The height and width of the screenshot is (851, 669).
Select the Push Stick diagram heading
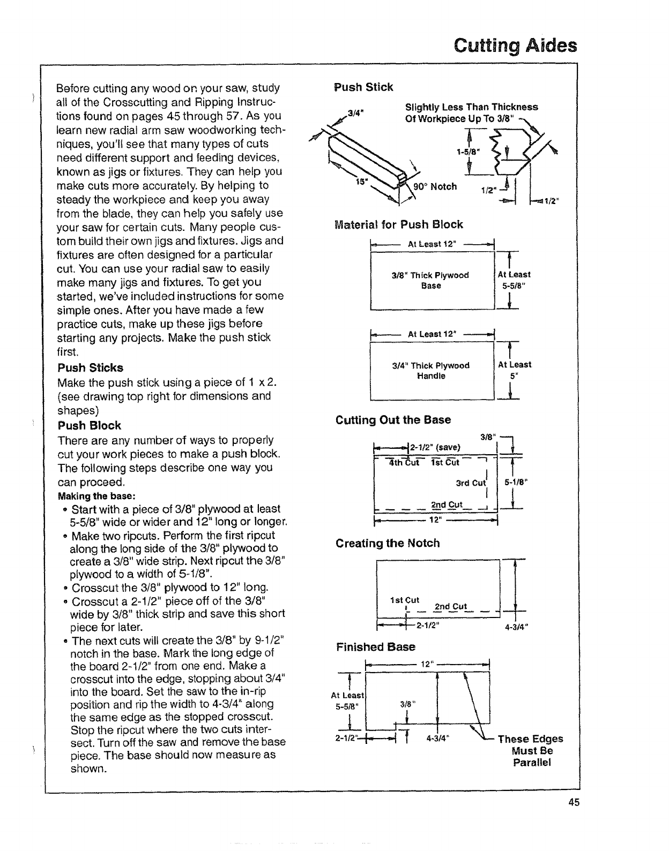(363, 87)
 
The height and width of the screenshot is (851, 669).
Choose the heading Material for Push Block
(398, 224)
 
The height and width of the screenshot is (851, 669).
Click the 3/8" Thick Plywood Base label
(430, 280)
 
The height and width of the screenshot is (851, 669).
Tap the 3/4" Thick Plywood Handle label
(430, 371)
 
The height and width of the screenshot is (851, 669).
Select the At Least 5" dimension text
(514, 370)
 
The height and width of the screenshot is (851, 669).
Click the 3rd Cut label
(470, 483)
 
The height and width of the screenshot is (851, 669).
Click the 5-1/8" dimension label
(516, 481)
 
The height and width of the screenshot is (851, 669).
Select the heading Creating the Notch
(388, 543)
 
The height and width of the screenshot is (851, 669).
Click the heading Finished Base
(375, 646)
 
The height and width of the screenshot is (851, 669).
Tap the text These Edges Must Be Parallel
(530, 750)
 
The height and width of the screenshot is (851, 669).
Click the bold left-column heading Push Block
(89, 426)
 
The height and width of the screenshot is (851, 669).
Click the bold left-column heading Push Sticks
(90, 368)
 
